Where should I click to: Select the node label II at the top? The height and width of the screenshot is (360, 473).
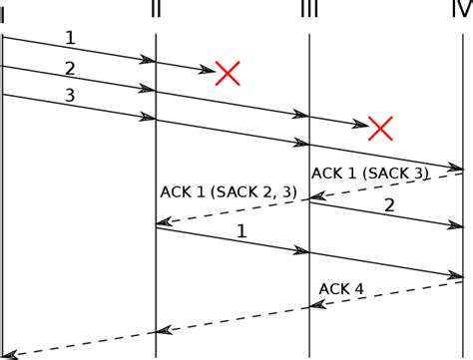pyautogui.click(x=155, y=9)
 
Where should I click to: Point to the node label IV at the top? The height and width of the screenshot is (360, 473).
pyautogui.click(x=460, y=9)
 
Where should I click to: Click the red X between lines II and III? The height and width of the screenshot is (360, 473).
pyautogui.click(x=229, y=72)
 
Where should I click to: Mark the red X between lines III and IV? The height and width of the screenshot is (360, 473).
pyautogui.click(x=380, y=127)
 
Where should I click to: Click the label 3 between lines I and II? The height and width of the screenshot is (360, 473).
pyautogui.click(x=69, y=96)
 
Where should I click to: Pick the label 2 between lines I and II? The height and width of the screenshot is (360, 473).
pyautogui.click(x=69, y=68)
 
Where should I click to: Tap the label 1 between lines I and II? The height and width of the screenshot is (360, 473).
pyautogui.click(x=69, y=38)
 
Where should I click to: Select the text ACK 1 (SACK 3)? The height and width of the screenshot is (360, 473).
pyautogui.click(x=370, y=173)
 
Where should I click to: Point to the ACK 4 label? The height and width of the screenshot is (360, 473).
pyautogui.click(x=341, y=289)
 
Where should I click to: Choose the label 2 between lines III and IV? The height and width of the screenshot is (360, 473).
pyautogui.click(x=389, y=204)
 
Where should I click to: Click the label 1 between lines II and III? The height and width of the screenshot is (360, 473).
pyautogui.click(x=241, y=231)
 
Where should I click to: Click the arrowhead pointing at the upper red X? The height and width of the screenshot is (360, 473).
pyautogui.click(x=207, y=69)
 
